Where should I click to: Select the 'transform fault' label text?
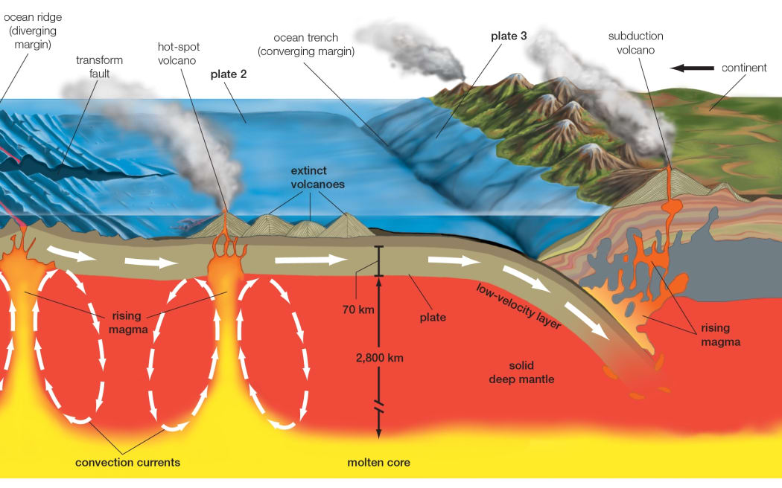[99, 67]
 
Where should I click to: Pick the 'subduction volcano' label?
[635, 42]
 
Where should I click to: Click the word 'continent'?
[744, 68]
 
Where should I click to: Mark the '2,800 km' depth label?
[380, 357]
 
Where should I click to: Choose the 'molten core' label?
[378, 462]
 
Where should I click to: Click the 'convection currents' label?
[127, 462]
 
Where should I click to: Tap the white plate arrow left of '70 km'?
[311, 260]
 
